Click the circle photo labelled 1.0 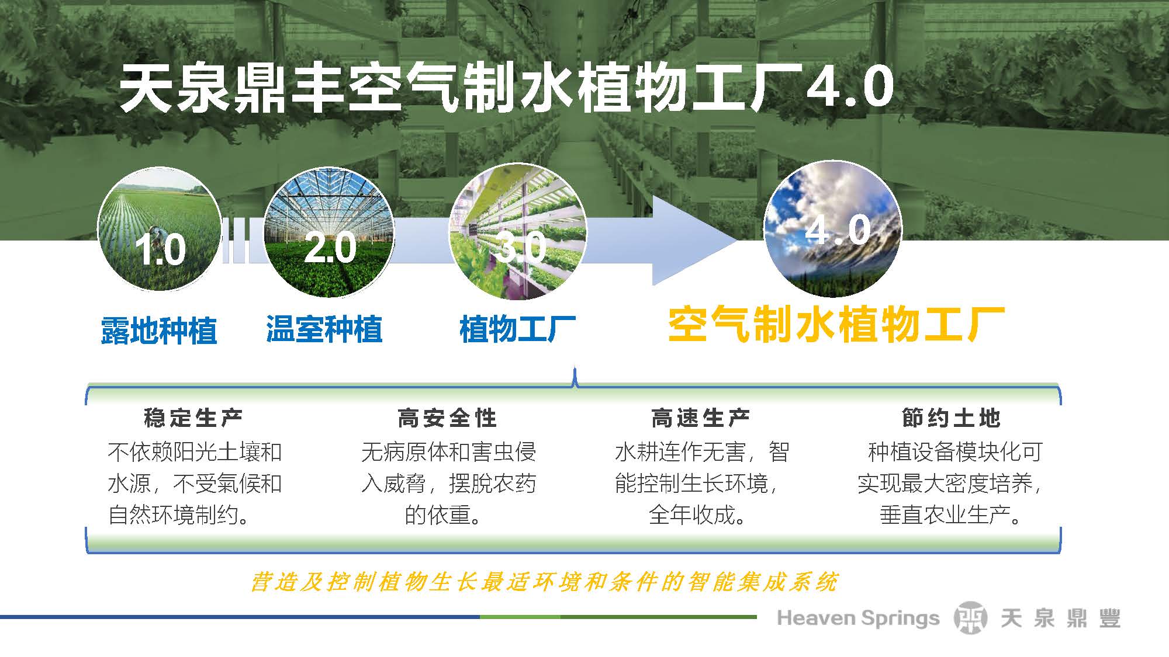click(x=159, y=229)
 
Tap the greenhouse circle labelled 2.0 click(x=329, y=232)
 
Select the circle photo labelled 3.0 click(x=517, y=232)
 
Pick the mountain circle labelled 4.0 click(x=833, y=229)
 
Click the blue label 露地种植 click(x=159, y=331)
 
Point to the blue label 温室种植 click(x=324, y=329)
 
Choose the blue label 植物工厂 click(x=518, y=329)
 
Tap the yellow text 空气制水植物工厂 click(x=836, y=325)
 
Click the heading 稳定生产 click(x=193, y=418)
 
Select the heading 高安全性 click(x=447, y=418)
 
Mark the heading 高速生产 click(x=700, y=418)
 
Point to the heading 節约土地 click(x=951, y=418)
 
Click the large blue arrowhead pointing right click(x=693, y=240)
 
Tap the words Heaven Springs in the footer click(x=858, y=618)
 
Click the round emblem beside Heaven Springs click(x=970, y=618)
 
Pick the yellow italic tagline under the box click(x=544, y=582)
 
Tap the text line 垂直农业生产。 click(x=950, y=515)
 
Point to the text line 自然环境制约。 click(x=179, y=515)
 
